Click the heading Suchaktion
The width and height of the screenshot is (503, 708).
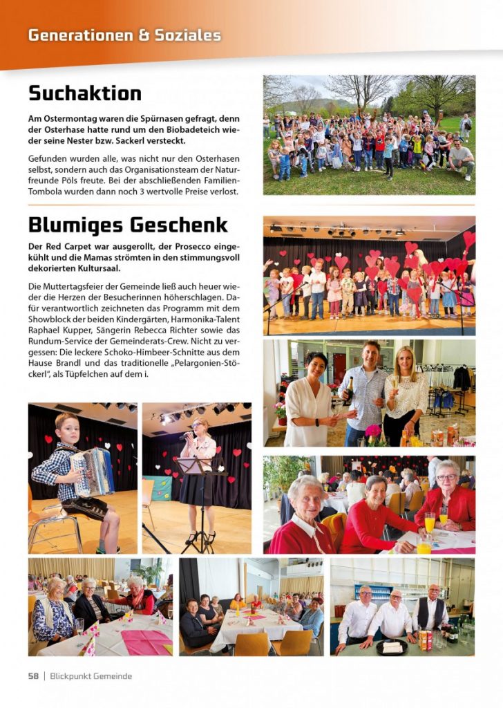pos(84,93)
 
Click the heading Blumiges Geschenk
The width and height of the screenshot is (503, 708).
pos(128,225)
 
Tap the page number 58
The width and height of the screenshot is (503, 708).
pos(33,676)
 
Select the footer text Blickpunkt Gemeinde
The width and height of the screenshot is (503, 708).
pos(91,676)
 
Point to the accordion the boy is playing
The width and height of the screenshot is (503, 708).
pos(92,472)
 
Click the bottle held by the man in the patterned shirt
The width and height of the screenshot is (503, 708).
pos(349,392)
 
